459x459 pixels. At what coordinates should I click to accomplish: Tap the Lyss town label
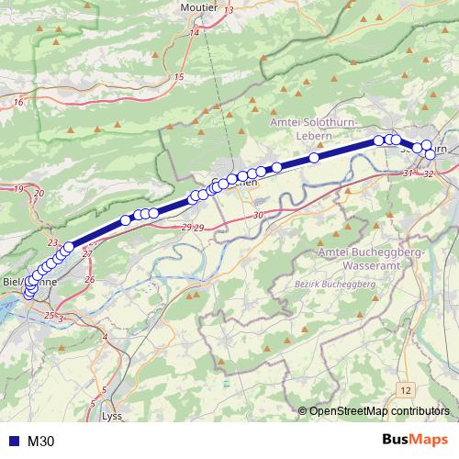(111, 416)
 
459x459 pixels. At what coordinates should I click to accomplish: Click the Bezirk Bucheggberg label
(336, 285)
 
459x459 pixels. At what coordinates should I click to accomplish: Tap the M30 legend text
(41, 442)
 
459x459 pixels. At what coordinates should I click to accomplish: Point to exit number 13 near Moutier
(229, 9)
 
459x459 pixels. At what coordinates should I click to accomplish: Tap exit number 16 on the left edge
(18, 102)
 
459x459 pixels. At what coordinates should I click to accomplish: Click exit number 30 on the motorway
(258, 215)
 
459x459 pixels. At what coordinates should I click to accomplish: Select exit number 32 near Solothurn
(429, 174)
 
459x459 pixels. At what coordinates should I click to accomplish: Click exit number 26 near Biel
(89, 278)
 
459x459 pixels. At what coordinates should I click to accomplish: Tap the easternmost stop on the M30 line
(431, 153)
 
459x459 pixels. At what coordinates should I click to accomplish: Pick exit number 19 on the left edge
(18, 188)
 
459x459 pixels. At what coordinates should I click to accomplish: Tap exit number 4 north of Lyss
(105, 338)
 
